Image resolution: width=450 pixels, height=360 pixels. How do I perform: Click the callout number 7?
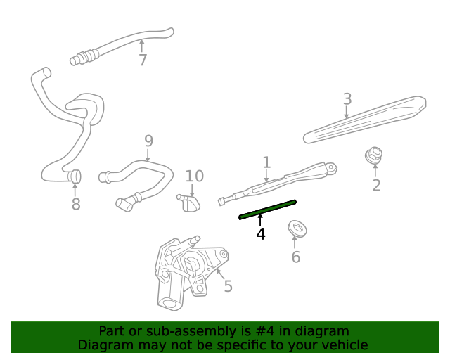pyautogui.click(x=143, y=60)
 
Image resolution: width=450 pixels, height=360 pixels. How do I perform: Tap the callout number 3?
pyautogui.click(x=347, y=99)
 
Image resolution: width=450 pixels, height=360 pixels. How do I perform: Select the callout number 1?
pyautogui.click(x=266, y=163)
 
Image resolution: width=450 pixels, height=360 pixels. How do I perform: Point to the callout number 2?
pyautogui.click(x=376, y=185)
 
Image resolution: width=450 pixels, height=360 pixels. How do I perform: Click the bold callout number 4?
pyautogui.click(x=261, y=233)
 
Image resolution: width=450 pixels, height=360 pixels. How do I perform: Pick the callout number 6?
pyautogui.click(x=295, y=257)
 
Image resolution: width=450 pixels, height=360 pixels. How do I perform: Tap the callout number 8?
pyautogui.click(x=76, y=204)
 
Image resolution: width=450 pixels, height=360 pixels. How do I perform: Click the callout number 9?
pyautogui.click(x=148, y=141)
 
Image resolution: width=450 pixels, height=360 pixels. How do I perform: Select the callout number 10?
pyautogui.click(x=194, y=176)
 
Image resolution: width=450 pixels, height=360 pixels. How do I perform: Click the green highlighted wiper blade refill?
pyautogui.click(x=268, y=209)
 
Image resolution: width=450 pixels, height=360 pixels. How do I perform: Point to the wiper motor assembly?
pyautogui.click(x=186, y=271)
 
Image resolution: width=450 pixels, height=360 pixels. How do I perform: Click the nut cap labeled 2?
pyautogui.click(x=374, y=154)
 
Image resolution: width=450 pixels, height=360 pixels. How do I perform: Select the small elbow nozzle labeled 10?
pyautogui.click(x=189, y=202)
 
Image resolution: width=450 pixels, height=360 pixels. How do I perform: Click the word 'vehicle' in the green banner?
pyautogui.click(x=342, y=345)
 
